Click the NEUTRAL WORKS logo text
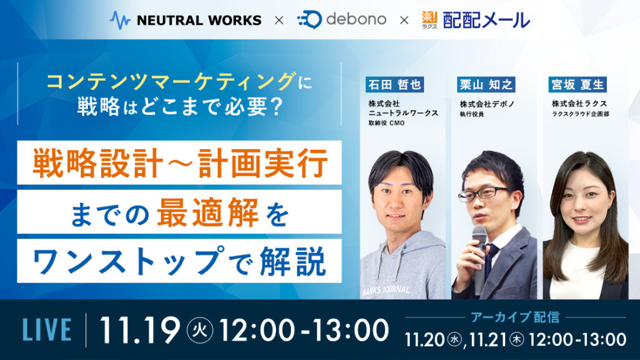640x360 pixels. (199, 20)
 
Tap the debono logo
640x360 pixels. (342, 19)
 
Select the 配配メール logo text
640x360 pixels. (486, 20)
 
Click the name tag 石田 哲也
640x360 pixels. (394, 84)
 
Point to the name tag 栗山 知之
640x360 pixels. (486, 84)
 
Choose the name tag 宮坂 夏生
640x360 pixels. (577, 84)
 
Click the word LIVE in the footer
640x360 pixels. (47, 329)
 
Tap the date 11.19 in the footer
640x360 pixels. (140, 329)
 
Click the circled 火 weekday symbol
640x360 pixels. (200, 330)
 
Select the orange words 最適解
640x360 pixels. (208, 212)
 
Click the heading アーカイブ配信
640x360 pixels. (515, 317)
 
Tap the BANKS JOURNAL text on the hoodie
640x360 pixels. (386, 290)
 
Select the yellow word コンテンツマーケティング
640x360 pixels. (172, 80)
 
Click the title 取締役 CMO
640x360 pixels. (386, 123)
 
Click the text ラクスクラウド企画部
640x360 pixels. (580, 114)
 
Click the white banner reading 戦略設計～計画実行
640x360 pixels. (179, 163)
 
